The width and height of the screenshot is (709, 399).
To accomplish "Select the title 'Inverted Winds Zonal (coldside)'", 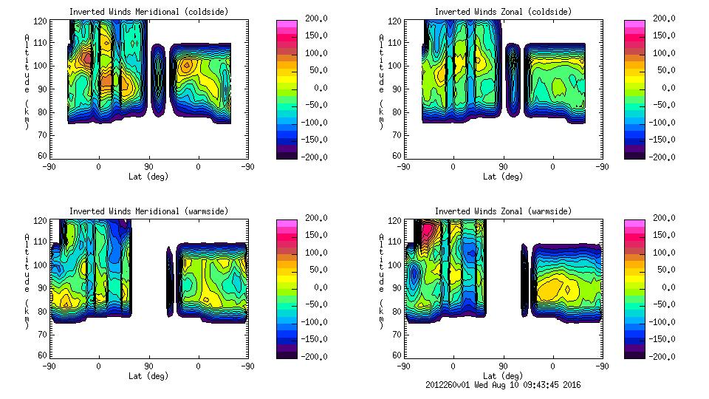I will click(503, 12).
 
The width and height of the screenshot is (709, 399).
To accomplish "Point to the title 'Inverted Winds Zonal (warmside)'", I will click(503, 211).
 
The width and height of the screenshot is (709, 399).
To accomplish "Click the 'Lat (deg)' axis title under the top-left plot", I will click(148, 177).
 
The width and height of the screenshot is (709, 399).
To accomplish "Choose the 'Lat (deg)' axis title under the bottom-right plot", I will click(503, 376).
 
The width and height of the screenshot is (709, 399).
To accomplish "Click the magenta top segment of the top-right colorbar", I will click(634, 24).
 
